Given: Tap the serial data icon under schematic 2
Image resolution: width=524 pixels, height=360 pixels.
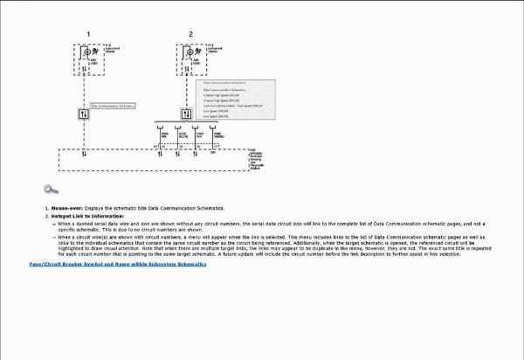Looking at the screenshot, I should pyautogui.click(x=186, y=114).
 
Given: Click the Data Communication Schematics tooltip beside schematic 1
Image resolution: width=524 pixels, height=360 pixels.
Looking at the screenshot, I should pyautogui.click(x=114, y=107).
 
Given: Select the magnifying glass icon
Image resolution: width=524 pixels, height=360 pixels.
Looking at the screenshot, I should pyautogui.click(x=51, y=190).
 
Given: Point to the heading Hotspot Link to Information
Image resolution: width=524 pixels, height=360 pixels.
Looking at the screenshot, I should pyautogui.click(x=87, y=216).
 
